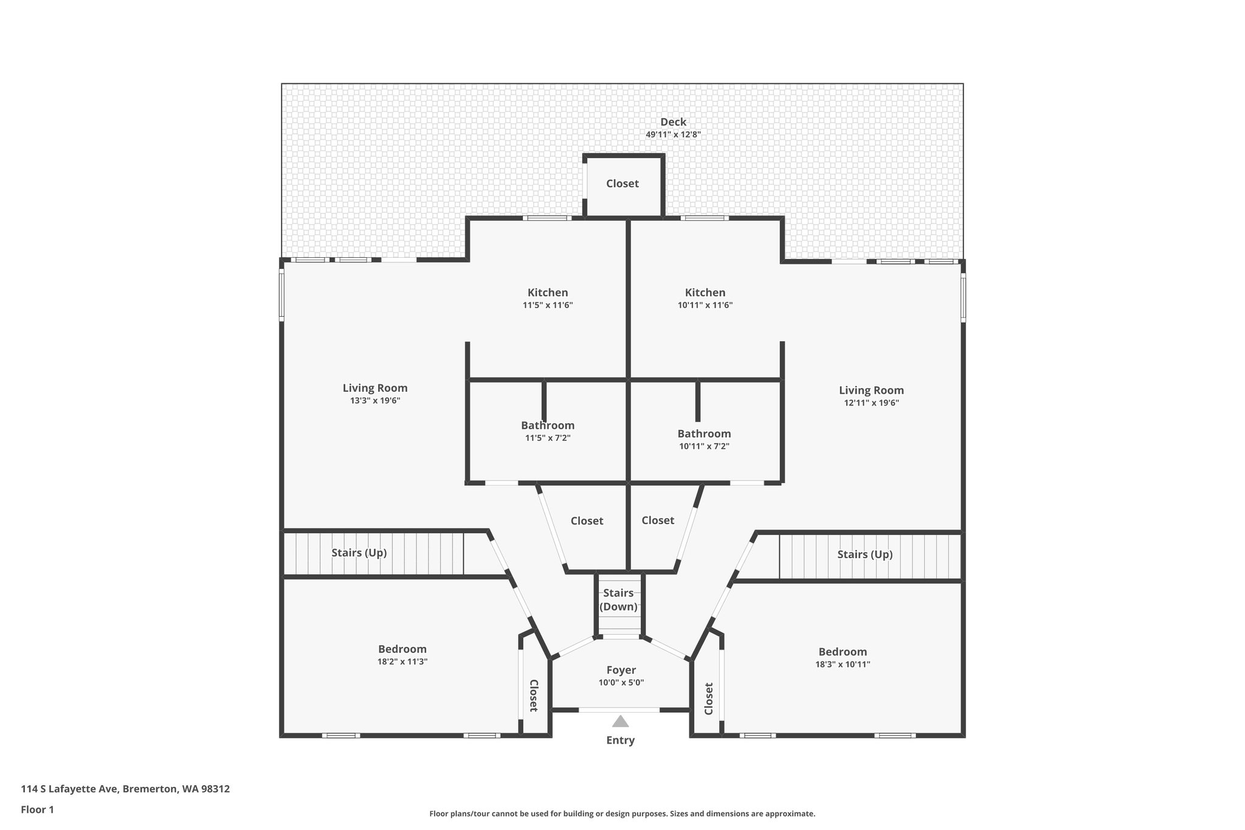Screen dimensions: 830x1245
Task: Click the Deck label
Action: click(673, 122)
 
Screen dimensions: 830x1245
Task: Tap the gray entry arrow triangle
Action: click(620, 722)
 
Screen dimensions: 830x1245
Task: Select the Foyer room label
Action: click(621, 670)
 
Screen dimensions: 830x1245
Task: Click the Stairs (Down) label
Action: click(618, 600)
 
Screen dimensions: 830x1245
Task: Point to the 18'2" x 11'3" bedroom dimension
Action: click(402, 662)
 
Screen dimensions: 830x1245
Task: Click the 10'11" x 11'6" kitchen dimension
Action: click(705, 305)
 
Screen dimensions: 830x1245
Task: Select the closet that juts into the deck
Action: click(622, 184)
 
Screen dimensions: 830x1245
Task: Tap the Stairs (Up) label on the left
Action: click(359, 553)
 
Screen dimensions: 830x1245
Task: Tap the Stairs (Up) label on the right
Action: click(864, 554)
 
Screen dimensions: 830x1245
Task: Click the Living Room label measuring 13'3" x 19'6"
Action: click(375, 388)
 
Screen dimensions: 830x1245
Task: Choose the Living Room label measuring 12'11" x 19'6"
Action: click(871, 390)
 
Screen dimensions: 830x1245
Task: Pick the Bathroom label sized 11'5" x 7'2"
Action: click(548, 426)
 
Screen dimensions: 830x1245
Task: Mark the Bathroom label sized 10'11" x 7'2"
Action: click(704, 434)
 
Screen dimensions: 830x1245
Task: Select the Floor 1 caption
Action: click(38, 810)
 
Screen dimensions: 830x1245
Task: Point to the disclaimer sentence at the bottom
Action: click(622, 814)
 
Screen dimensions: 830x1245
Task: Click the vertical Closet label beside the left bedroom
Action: click(533, 696)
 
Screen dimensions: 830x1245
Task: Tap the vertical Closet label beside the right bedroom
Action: click(709, 699)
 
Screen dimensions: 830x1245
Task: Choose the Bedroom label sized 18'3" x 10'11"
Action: click(843, 652)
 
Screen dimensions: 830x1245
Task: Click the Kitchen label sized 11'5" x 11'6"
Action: click(548, 292)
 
